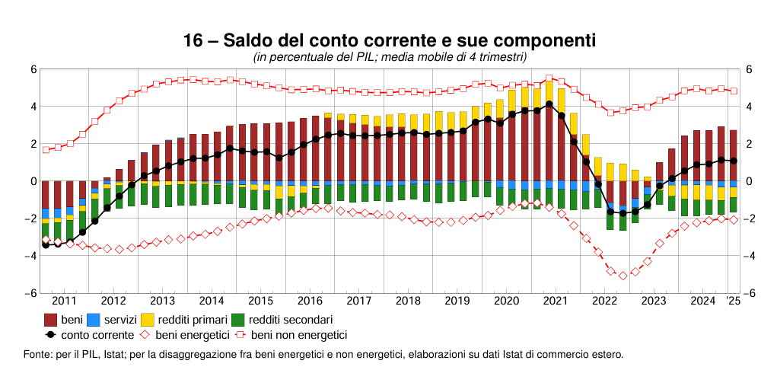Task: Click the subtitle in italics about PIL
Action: click(x=389, y=57)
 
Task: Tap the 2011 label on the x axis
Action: click(x=64, y=301)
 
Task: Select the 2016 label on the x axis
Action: click(x=310, y=301)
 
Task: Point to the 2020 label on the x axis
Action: click(x=506, y=301)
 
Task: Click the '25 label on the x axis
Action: click(x=732, y=301)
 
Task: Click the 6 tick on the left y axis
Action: click(x=33, y=69)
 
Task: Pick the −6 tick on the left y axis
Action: click(x=30, y=294)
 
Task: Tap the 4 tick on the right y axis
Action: click(x=749, y=107)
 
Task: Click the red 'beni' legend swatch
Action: click(x=51, y=321)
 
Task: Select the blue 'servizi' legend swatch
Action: click(x=94, y=321)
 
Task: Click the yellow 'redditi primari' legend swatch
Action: click(x=148, y=321)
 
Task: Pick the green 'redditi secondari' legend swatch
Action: click(x=238, y=321)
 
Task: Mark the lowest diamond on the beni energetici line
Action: click(x=623, y=276)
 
